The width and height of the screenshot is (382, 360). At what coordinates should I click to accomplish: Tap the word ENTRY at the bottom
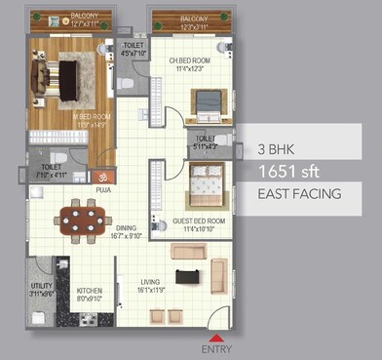tap(215, 349)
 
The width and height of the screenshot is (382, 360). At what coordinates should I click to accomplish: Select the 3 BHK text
tap(277, 150)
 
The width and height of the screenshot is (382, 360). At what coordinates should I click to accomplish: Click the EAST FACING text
tap(299, 193)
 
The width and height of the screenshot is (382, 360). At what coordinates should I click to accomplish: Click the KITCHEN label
tap(89, 291)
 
